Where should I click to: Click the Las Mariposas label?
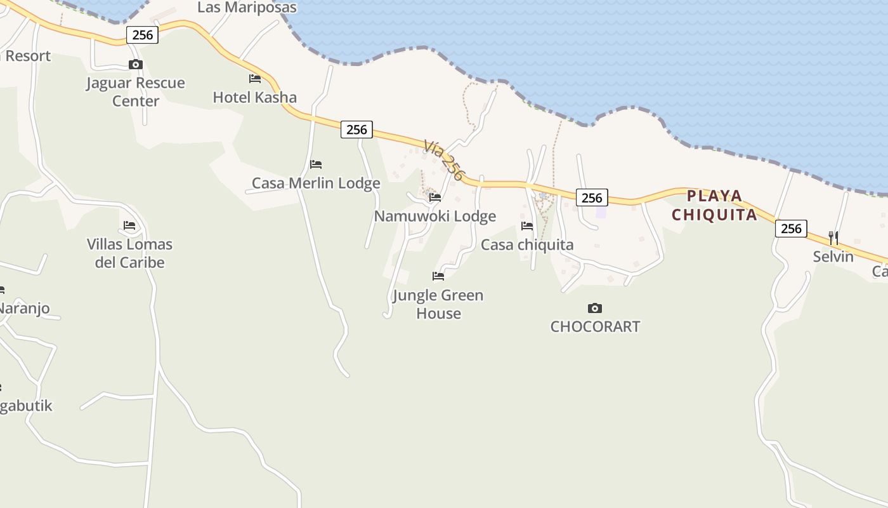(247, 8)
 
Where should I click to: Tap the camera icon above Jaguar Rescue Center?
(135, 64)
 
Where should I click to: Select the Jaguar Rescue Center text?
(136, 92)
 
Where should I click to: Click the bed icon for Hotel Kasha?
(255, 79)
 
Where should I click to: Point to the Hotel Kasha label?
(254, 97)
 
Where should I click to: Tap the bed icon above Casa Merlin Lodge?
(316, 164)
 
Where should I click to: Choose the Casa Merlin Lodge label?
(316, 184)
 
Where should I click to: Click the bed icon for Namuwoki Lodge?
(435, 197)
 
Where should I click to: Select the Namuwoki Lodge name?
(434, 217)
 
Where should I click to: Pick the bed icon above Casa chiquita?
(527, 225)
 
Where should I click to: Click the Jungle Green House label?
(438, 304)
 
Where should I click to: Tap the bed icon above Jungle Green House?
(438, 276)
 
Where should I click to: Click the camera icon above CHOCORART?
(594, 308)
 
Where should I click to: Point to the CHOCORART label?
(595, 326)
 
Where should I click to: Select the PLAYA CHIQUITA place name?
(714, 205)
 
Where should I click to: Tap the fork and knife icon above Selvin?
(833, 238)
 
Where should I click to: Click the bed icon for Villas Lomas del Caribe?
(129, 225)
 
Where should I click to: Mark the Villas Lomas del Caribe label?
(129, 253)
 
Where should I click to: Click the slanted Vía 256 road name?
(445, 160)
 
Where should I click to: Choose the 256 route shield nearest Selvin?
(791, 229)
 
